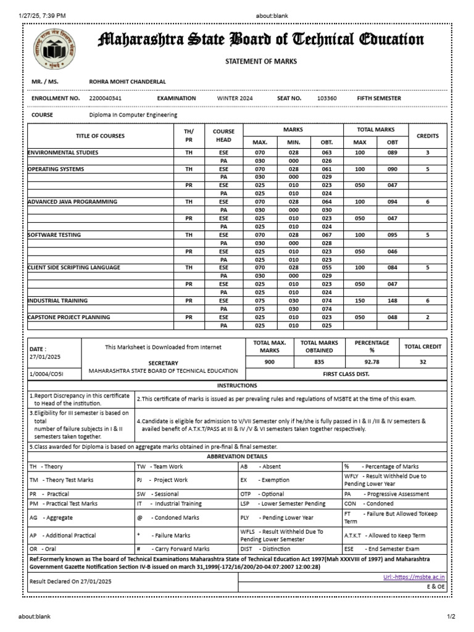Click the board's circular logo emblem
[x=54, y=49]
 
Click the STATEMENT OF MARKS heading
[x=260, y=61]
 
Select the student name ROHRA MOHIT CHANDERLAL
[x=127, y=81]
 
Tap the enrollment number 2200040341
[x=106, y=98]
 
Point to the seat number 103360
[x=326, y=98]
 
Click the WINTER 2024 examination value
[x=235, y=98]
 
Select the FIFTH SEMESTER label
[x=379, y=98]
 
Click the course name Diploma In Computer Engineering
[x=133, y=115]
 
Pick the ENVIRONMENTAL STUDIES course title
[x=63, y=152]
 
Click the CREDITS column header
[x=428, y=136]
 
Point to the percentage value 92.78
[x=372, y=362]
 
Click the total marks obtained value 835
[x=319, y=362]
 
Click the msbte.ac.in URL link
[x=415, y=577]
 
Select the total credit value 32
[x=423, y=362]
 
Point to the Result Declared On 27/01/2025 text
[x=70, y=581]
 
